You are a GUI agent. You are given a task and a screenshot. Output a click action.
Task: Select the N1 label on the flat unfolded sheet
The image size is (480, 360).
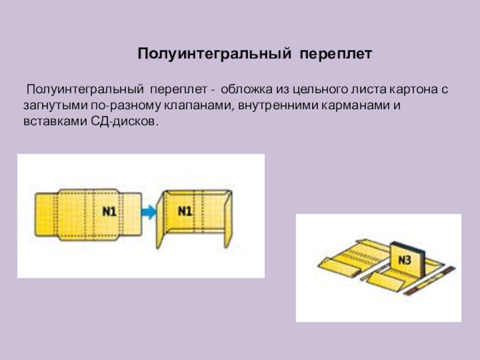coord(109,211)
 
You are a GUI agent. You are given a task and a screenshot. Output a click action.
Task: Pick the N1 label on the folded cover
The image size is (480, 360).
coord(185,211)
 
